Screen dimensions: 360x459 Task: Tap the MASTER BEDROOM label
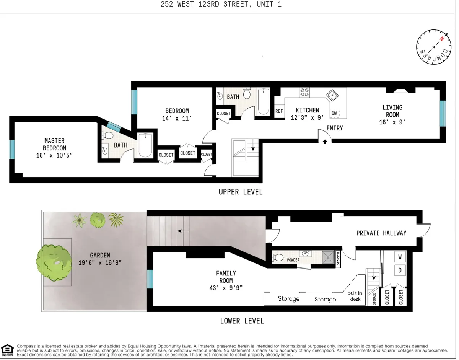[54, 144]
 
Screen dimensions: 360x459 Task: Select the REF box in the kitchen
[279, 111]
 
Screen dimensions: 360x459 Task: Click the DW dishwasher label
[334, 113]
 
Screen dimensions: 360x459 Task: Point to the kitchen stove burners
[304, 92]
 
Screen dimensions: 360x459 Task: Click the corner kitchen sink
[331, 95]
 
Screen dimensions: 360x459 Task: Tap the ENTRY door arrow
[325, 141]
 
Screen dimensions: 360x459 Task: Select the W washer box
[400, 256]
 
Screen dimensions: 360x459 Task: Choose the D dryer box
[400, 270]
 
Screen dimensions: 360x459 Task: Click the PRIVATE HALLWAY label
[381, 233]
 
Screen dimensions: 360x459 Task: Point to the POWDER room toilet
[278, 257]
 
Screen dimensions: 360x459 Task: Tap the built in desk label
[355, 296]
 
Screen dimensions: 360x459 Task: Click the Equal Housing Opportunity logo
[7, 349]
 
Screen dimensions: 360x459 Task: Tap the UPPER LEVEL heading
[240, 192]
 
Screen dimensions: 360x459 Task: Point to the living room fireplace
[400, 91]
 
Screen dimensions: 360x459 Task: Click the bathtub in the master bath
[145, 145]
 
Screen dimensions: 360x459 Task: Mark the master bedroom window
[12, 150]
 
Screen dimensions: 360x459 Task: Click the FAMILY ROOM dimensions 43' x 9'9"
[226, 287]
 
